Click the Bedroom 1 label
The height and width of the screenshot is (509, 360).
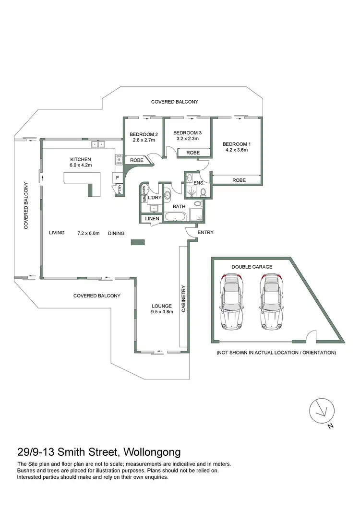click(236, 144)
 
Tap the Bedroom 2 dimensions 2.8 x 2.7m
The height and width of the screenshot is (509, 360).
click(144, 140)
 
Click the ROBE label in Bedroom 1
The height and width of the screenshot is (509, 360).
click(239, 180)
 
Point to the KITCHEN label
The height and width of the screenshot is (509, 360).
click(80, 159)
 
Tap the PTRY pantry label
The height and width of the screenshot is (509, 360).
click(120, 189)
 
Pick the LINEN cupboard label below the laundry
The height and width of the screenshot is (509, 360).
click(152, 219)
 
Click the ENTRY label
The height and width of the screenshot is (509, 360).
click(205, 233)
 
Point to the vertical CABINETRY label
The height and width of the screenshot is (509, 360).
click(183, 299)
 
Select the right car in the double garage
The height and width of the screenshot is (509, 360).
click(271, 302)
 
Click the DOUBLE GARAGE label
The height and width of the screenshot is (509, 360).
click(252, 267)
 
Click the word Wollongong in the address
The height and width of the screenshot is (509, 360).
click(153, 451)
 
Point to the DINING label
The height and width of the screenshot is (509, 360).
click(116, 234)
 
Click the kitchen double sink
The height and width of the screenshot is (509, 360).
click(98, 143)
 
